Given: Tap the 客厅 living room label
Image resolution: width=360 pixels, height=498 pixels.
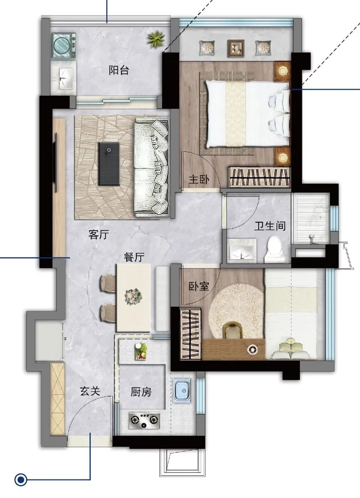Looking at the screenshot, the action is pos(99,234).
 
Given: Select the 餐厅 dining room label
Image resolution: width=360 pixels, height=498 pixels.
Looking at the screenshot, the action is pos(134,257).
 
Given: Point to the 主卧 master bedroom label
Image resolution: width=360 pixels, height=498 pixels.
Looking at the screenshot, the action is pos(199,179).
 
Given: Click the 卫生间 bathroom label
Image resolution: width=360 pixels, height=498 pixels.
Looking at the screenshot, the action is pos(270,226).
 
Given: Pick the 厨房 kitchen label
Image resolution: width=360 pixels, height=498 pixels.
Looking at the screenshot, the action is pos(141,392).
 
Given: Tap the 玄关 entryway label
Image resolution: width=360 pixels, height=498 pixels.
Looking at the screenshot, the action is pos(90,391).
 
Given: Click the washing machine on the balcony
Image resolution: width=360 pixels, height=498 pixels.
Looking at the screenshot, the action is pos(64,46).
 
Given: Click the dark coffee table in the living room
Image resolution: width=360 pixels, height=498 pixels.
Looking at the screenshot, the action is pos(109,164).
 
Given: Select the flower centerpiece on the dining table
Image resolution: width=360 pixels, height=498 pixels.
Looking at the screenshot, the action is pos(134,297).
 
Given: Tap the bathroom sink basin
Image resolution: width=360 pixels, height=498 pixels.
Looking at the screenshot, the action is pos(241,249).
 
